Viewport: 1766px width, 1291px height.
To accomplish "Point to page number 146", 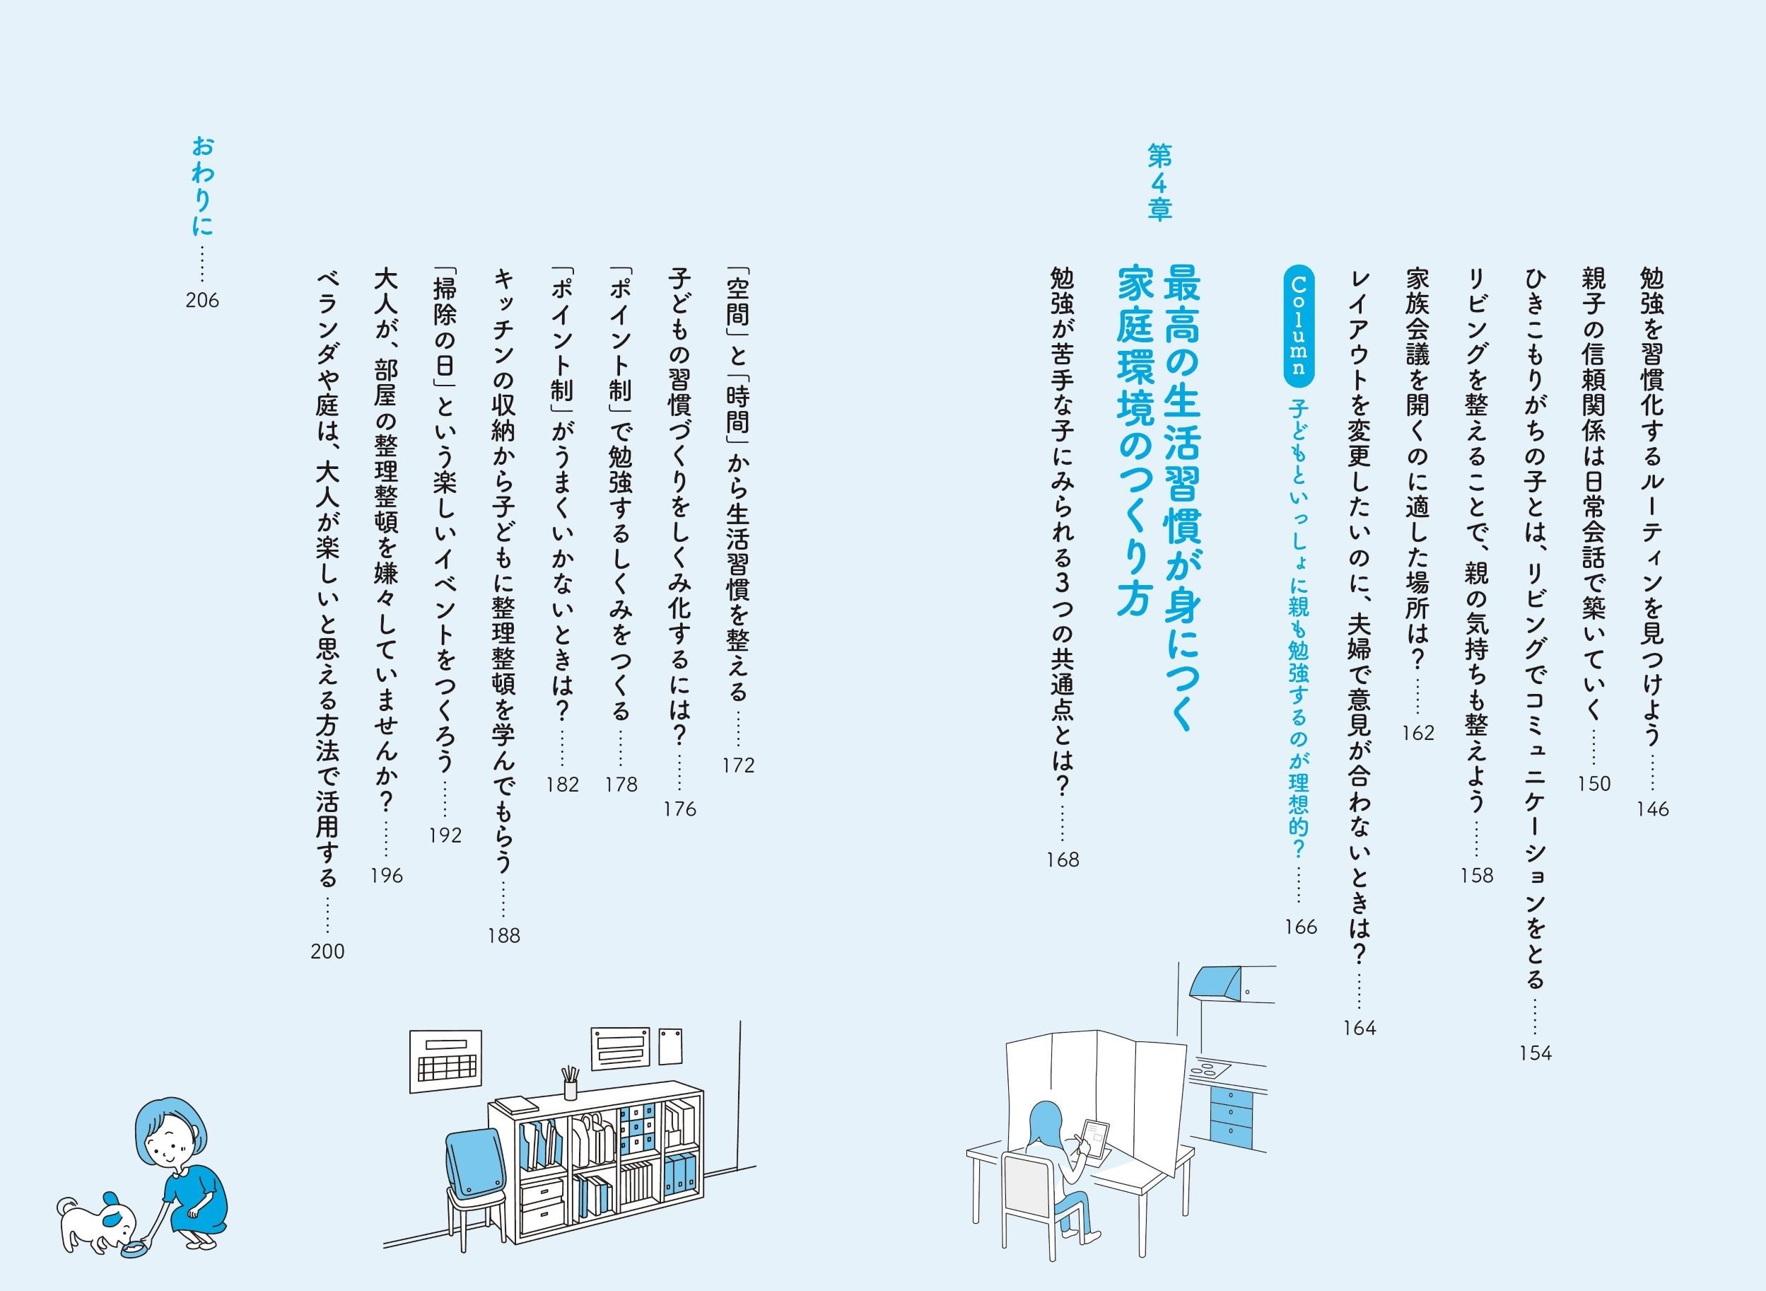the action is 1652,809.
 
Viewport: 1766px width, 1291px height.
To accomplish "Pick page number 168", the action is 1063,860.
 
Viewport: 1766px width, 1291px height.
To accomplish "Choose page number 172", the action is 738,766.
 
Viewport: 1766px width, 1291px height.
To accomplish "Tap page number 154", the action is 1535,1053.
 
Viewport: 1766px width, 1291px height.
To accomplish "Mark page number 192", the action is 445,835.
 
